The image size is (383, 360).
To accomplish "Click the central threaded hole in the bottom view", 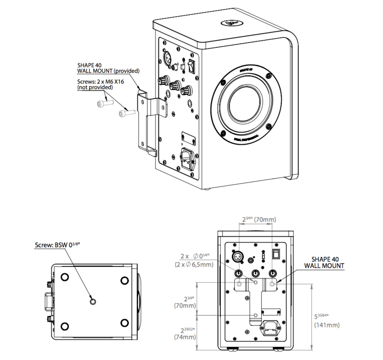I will (93, 301).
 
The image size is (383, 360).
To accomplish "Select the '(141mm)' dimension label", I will (327, 325).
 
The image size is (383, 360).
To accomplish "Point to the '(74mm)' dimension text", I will (185, 337).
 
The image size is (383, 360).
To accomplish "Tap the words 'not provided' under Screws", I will (96, 88).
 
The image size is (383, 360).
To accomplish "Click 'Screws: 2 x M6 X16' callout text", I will (101, 81).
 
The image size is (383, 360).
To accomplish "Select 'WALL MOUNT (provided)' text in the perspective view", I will (108, 71).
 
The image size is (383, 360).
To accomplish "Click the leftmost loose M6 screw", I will (103, 103).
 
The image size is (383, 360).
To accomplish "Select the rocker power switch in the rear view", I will (275, 254).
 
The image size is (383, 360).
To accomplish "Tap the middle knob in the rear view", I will (254, 273).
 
